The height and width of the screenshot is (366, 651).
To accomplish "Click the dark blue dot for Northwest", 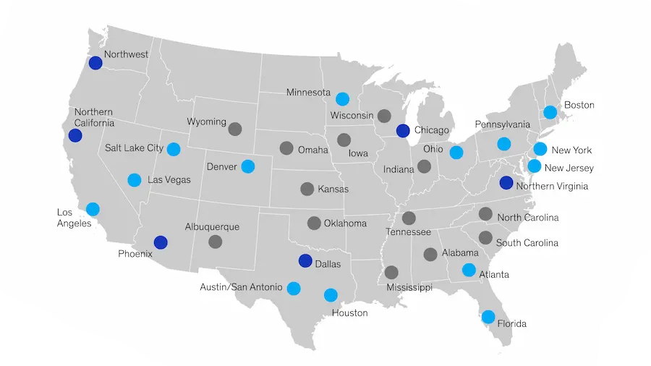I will tap(95, 63).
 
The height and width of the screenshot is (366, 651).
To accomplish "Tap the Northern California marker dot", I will tap(75, 135).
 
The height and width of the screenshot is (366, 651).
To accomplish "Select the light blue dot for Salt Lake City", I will tap(174, 150).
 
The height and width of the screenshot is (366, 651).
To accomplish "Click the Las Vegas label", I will tap(169, 179).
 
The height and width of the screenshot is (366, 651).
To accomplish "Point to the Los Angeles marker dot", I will tap(93, 209).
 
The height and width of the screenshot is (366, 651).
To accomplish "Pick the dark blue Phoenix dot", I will tap(161, 242).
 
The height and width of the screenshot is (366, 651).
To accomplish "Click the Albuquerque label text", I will tap(212, 226).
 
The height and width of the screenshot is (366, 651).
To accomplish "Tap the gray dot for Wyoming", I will tap(234, 129).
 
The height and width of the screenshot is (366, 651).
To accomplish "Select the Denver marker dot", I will tap(248, 166).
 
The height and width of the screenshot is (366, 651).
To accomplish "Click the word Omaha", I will tap(312, 150).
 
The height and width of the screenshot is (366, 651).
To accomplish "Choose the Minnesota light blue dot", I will tap(342, 99).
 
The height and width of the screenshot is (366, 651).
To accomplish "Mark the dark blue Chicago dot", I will tap(403, 131).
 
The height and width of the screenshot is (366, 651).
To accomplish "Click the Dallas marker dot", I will tap(305, 261).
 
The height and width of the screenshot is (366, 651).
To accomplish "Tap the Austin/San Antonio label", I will tap(241, 287).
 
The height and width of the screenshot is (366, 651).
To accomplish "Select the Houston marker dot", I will tap(331, 294).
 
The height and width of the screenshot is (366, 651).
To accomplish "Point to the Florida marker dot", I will tap(488, 317).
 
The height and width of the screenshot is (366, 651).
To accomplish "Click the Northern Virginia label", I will tap(553, 186).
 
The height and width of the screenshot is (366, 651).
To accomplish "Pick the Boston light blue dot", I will tap(550, 112).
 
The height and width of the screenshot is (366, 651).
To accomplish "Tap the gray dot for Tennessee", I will tap(409, 218).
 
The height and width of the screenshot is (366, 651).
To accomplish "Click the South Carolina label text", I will tap(527, 243).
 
